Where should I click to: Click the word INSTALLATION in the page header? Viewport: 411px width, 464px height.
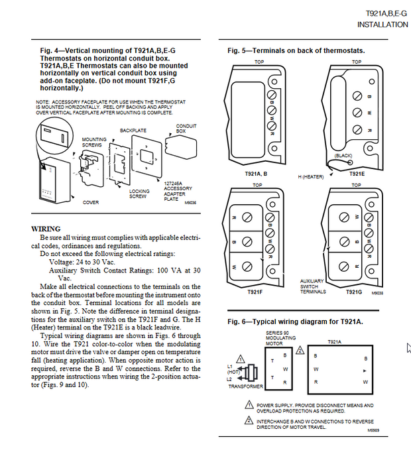382,25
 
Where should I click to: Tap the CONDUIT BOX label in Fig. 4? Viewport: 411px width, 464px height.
186,129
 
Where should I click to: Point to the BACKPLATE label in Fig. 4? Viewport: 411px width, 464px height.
133,131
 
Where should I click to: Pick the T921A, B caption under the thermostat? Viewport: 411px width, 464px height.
256,174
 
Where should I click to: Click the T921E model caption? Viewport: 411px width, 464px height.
357,174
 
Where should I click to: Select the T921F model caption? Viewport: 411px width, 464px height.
256,292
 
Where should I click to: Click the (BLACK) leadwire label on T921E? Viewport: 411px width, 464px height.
343,155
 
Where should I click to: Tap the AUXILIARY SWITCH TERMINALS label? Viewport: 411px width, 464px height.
313,286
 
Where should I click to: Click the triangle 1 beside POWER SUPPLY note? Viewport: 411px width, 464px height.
249,405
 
